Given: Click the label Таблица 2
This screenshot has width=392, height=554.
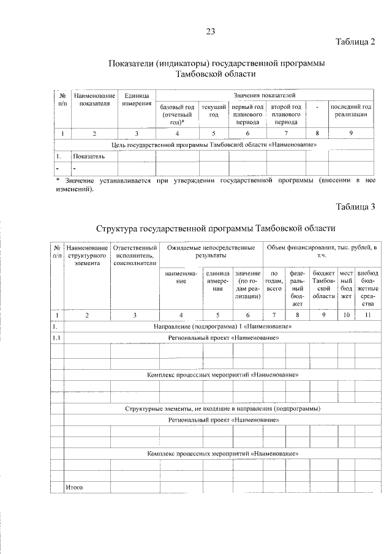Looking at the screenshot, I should point(355,42).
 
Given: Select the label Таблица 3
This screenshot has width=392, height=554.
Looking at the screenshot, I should point(355,206).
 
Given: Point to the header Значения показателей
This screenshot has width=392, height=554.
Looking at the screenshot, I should point(264,95).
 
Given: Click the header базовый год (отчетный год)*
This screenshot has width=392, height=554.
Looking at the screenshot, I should point(178,114).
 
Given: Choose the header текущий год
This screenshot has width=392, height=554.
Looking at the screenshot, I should point(214,111).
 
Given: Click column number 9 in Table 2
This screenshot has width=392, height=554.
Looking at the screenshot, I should point(350,133).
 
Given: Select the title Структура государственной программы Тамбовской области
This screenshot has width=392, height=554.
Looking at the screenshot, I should point(216,228).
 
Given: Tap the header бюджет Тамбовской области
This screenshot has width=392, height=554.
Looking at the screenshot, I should point(324,284).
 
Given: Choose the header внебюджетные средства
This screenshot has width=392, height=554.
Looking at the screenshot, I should point(367,288).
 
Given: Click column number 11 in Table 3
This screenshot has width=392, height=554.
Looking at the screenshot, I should point(367,315).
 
